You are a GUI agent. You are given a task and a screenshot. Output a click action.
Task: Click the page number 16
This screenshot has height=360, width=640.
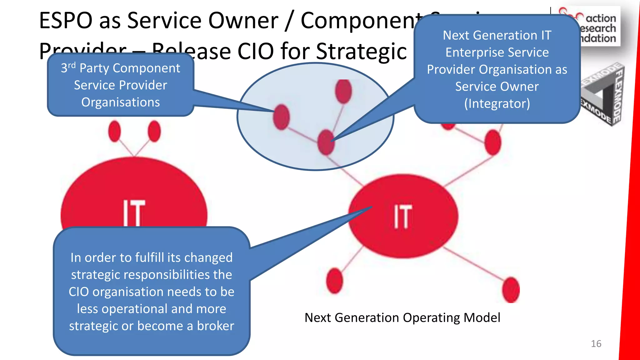tap(596, 344)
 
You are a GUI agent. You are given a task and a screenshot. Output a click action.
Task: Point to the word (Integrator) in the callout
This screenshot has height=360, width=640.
tap(497, 103)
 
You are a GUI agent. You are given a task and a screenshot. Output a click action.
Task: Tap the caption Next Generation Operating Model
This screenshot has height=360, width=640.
tap(402, 318)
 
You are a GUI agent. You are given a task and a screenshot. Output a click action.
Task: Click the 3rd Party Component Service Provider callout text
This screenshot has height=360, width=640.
tap(121, 85)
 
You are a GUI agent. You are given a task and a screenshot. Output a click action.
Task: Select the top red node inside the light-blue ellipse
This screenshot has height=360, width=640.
tap(343, 91)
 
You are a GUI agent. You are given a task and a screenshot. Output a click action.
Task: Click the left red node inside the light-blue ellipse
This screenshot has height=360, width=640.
tap(281, 117)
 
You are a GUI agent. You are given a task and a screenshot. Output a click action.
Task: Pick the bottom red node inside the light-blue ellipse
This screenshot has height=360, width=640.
tap(326, 142)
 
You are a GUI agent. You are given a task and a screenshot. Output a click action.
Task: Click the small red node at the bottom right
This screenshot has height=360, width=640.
tap(511, 290)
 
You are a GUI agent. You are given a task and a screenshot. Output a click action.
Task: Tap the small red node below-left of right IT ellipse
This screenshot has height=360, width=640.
tap(334, 280)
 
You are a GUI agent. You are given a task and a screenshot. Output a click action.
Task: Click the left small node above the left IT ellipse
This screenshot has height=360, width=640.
tap(114, 131)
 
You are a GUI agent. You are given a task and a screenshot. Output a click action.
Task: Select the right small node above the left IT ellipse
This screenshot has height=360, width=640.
tap(154, 131)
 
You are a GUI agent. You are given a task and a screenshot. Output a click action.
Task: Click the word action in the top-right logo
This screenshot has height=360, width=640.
tap(601, 18)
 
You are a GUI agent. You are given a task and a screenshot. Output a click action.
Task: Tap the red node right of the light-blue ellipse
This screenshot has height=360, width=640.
tap(493, 142)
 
